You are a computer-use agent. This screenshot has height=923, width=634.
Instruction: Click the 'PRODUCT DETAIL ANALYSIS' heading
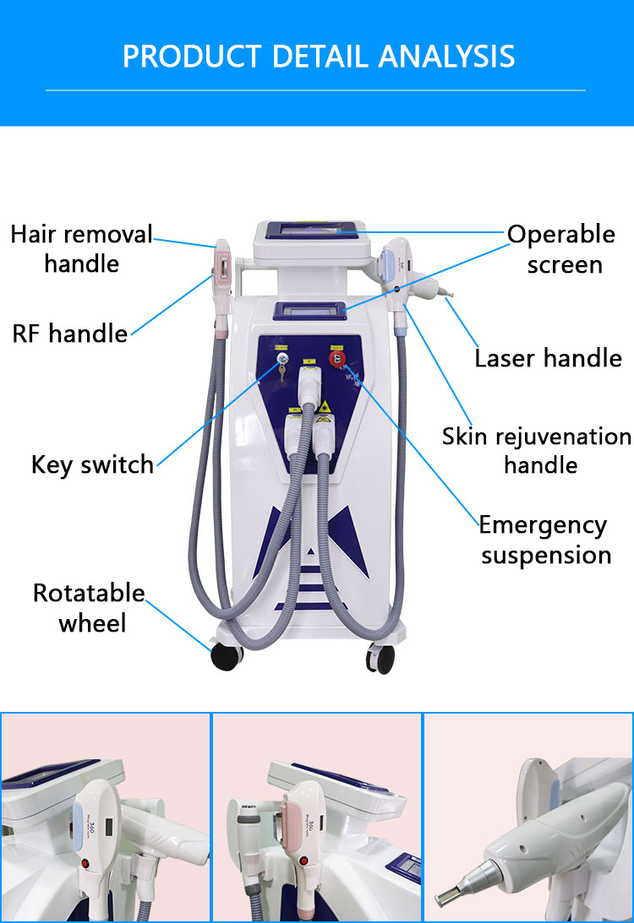click(318, 57)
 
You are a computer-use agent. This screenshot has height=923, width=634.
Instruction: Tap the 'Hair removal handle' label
click(81, 248)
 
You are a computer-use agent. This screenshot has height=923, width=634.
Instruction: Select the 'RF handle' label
click(69, 334)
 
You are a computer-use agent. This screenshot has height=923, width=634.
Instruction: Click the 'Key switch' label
click(92, 464)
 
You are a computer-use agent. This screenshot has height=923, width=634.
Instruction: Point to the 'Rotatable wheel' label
click(89, 607)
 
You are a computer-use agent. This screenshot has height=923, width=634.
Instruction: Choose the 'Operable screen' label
click(561, 249)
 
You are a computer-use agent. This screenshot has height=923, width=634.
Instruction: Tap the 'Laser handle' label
click(548, 358)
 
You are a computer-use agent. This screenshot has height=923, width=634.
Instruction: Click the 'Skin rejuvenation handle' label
click(537, 450)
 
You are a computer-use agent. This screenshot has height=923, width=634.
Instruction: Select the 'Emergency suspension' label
click(544, 540)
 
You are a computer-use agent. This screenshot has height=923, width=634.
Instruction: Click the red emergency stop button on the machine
click(337, 359)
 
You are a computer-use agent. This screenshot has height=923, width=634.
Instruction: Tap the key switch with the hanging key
click(283, 363)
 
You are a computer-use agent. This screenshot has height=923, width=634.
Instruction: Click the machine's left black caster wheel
click(227, 656)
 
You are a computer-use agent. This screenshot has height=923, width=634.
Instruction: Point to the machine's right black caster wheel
click(381, 659)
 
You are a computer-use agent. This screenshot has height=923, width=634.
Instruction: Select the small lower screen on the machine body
click(309, 311)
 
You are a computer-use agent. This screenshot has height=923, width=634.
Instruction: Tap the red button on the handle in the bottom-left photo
click(86, 864)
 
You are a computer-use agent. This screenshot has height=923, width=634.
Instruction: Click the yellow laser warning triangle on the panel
click(324, 406)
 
